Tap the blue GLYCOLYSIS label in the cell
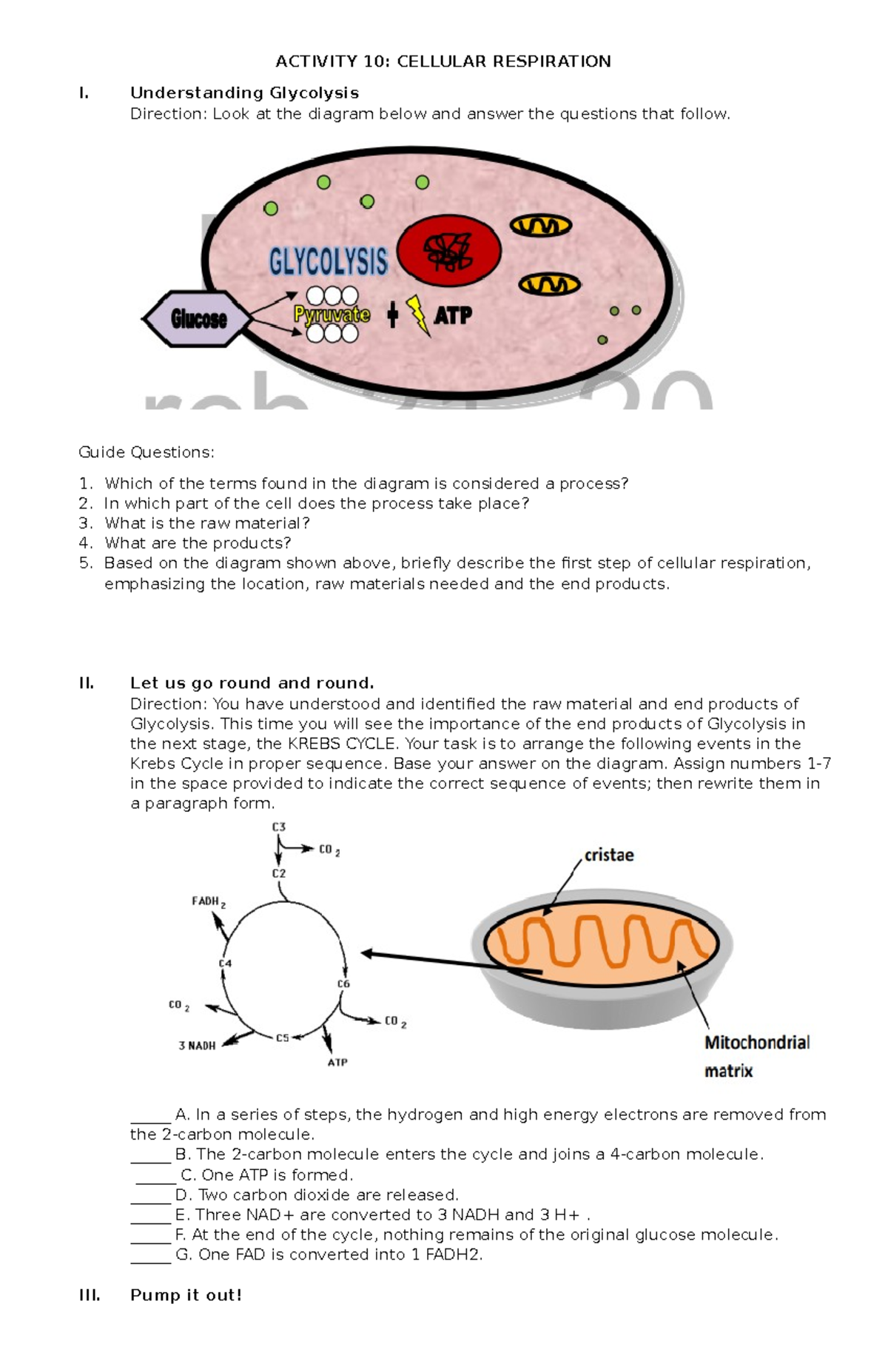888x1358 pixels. click(328, 262)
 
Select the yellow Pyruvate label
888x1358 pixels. click(332, 315)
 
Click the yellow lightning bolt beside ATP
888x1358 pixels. click(418, 315)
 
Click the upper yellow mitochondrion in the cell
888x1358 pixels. click(541, 225)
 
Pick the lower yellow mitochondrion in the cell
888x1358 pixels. click(549, 283)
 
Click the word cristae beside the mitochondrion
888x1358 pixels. click(609, 856)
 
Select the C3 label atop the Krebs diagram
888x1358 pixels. click(278, 827)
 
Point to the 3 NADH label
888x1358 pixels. click(197, 1046)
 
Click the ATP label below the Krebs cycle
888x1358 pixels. click(337, 1062)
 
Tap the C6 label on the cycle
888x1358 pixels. click(343, 984)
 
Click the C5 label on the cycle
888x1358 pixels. click(282, 1038)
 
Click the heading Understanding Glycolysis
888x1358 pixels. click(244, 93)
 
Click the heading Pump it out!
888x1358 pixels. click(186, 1295)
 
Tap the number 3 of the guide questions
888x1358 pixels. click(85, 523)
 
